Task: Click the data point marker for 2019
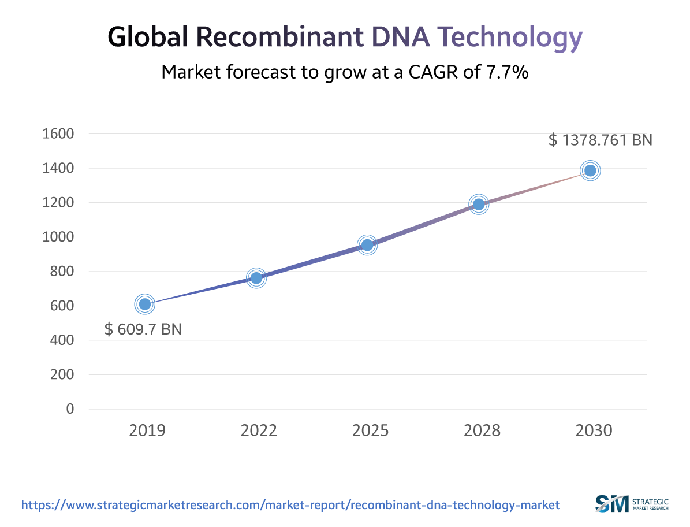(144, 304)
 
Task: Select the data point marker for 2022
(256, 279)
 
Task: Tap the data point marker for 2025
(367, 246)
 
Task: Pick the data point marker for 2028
(478, 204)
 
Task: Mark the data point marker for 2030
(590, 170)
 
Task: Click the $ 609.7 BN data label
(143, 329)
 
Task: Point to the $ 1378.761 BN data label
(600, 140)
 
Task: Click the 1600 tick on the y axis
(58, 134)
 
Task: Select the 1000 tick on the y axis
(58, 237)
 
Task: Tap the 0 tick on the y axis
(70, 409)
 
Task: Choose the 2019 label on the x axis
(147, 430)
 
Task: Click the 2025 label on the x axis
(370, 430)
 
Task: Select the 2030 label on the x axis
(594, 430)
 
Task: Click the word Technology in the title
(509, 38)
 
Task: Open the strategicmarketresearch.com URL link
(290, 504)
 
